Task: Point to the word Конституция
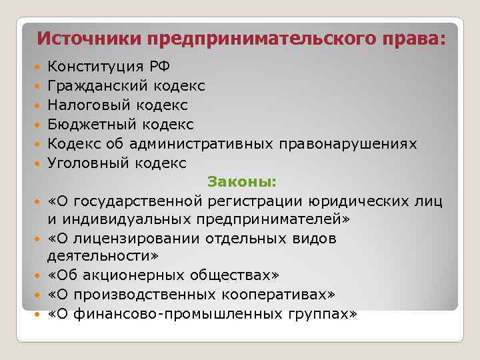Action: (x=94, y=67)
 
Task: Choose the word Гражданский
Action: (x=98, y=86)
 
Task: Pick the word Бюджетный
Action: (x=90, y=125)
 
